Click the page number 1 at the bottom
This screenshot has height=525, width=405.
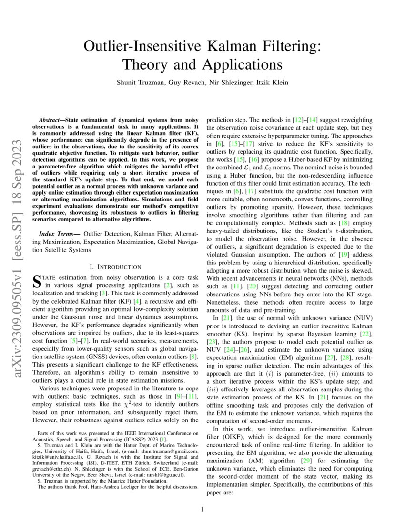point(202,510)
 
